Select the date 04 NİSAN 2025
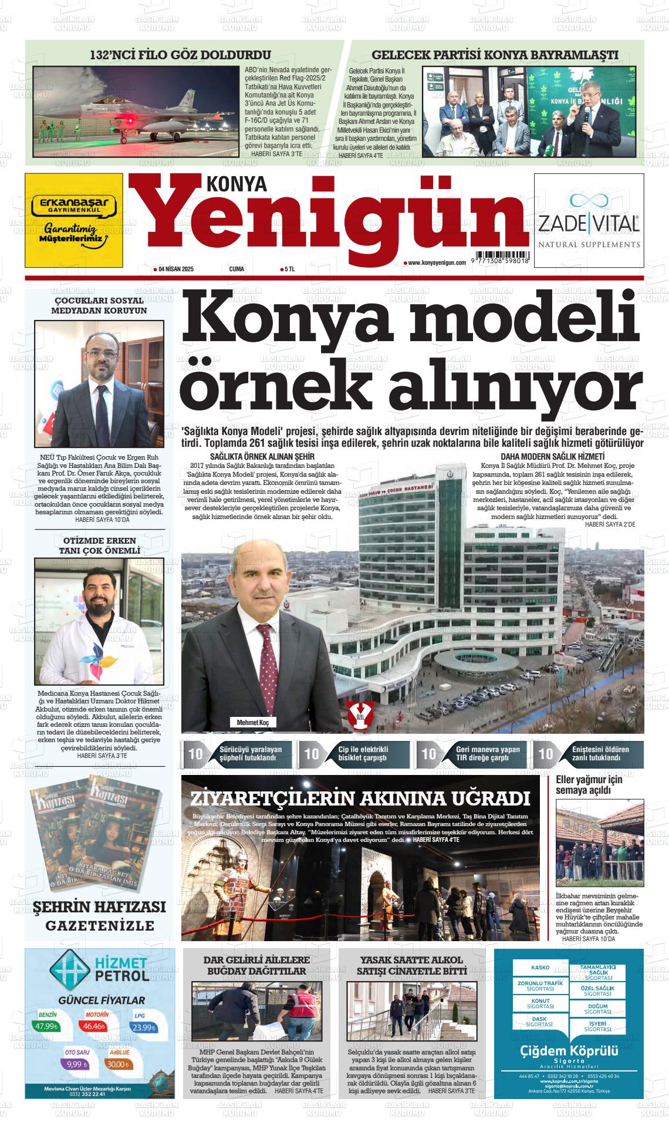(x=176, y=269)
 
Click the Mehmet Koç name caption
(x=252, y=722)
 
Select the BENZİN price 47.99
(x=45, y=1026)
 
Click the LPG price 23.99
(x=143, y=1027)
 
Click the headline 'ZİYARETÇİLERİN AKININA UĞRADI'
(x=360, y=798)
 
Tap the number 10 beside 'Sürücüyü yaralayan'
(x=195, y=754)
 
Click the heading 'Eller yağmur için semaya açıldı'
(x=589, y=785)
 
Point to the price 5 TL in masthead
(x=288, y=269)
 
